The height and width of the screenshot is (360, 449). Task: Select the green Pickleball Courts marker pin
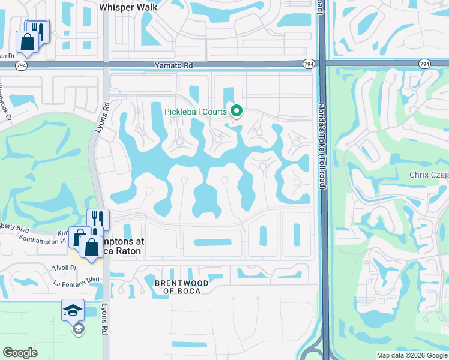click(237, 110)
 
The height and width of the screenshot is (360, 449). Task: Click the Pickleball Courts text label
click(196, 111)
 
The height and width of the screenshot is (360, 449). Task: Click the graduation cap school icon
click(73, 310)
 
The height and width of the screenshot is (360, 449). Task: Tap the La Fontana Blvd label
click(76, 280)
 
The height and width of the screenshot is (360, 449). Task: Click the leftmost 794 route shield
click(21, 65)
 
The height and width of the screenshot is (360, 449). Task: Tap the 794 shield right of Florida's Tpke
click(424, 64)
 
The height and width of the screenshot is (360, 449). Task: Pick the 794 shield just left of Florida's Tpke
click(309, 64)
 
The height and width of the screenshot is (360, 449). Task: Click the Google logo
click(20, 353)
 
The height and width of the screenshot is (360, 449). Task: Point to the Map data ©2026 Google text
click(411, 355)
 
